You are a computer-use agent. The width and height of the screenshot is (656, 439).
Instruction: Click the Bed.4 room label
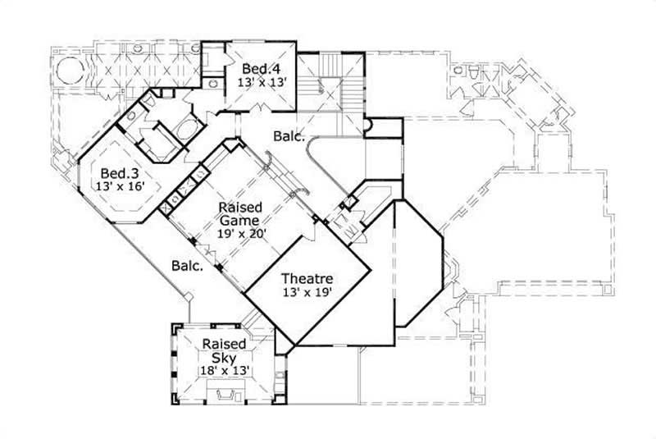258,69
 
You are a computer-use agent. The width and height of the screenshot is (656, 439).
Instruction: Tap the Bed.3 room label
117,174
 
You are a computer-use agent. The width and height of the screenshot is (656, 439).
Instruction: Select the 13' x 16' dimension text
117,187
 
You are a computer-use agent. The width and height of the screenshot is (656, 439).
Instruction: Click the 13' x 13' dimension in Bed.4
258,82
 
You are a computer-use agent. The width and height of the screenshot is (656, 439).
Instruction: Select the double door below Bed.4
261,109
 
